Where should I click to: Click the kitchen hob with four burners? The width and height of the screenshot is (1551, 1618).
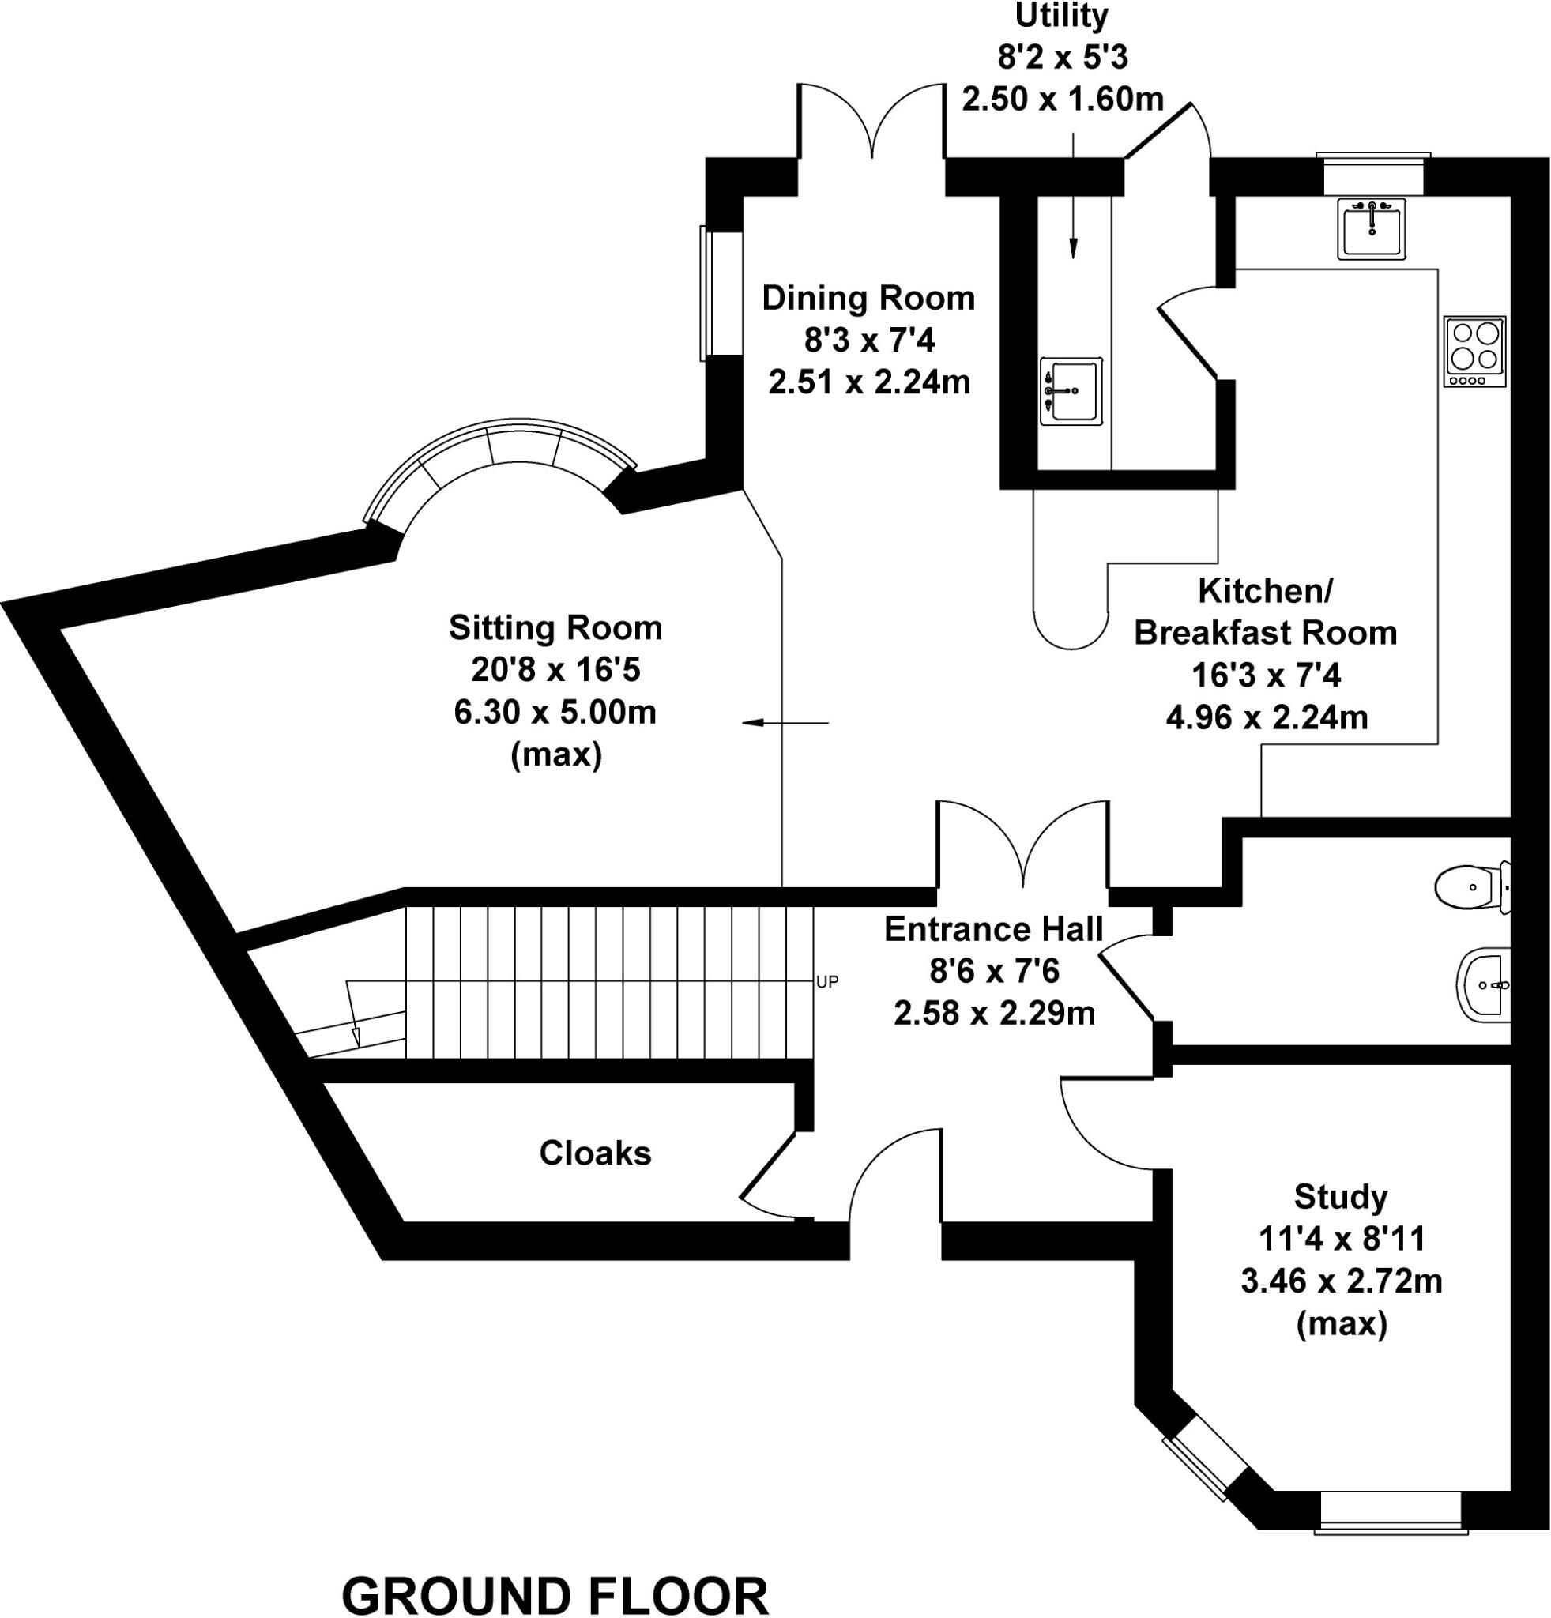point(1474,352)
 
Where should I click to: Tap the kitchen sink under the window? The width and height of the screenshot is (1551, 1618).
point(1371,229)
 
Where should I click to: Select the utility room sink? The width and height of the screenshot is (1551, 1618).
point(1071,390)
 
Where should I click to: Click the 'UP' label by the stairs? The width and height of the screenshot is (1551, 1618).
point(827,981)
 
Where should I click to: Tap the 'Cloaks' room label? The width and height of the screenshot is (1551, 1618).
point(595,1153)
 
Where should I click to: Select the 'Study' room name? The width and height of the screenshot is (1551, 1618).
point(1341,1196)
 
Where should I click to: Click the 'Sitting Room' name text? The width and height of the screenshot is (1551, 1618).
point(555,628)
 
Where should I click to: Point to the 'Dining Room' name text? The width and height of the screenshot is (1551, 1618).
point(868,298)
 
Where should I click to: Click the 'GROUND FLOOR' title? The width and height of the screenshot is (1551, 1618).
point(555,1595)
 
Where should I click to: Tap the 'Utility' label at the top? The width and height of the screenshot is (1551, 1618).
point(1061,16)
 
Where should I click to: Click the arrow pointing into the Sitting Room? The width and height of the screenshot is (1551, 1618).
point(784,724)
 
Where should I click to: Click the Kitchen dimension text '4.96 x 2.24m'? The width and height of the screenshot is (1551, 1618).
point(1267,717)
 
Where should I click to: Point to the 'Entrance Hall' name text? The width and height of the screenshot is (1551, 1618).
point(994,930)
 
